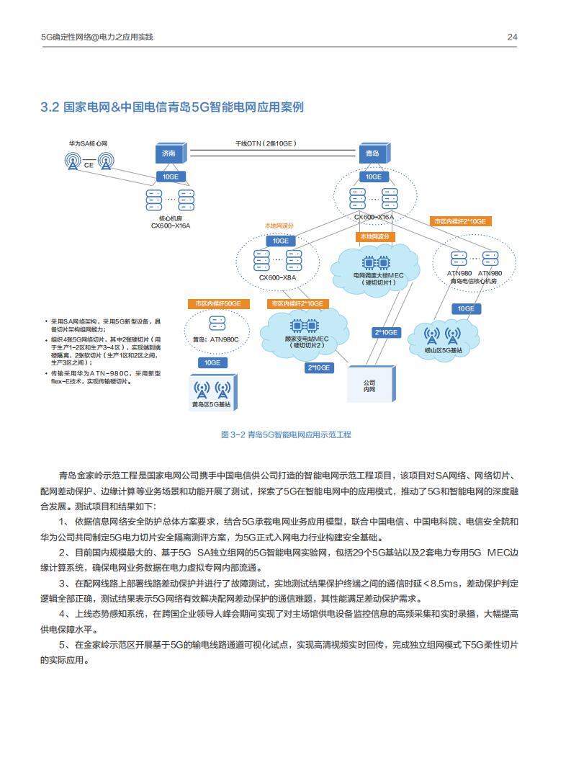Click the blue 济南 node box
coord(170,153)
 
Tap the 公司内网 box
coord(370,386)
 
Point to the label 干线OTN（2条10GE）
coord(266,143)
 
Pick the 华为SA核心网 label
coord(88,144)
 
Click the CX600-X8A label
coord(277,277)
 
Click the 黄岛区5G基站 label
coord(212,405)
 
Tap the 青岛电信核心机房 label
coord(473,281)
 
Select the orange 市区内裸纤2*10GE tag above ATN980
coord(459,221)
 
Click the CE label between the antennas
coord(89,165)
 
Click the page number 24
coord(512,37)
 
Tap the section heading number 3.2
coord(49,107)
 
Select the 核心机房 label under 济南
coord(171,218)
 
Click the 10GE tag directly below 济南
coord(170,177)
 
